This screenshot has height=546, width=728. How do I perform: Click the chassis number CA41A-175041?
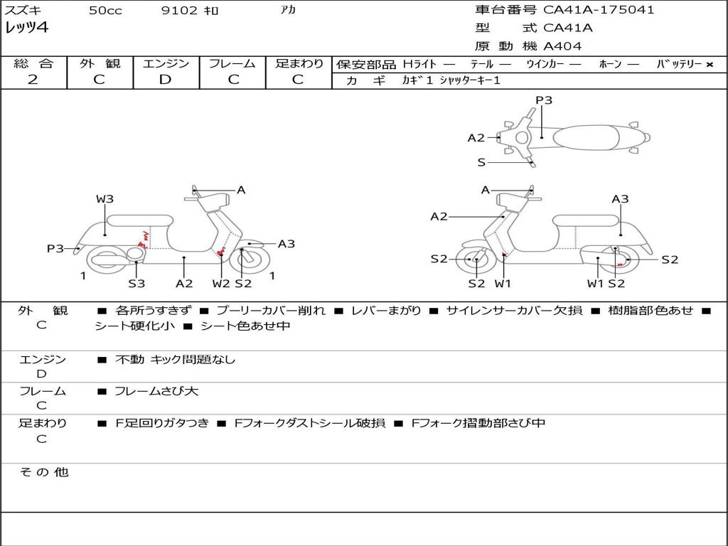click(599, 10)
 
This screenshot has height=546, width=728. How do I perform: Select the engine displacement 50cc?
click(105, 11)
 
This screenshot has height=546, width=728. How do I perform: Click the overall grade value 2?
click(33, 80)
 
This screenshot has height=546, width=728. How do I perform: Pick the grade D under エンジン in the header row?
click(166, 80)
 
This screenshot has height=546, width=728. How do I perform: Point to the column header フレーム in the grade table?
click(232, 64)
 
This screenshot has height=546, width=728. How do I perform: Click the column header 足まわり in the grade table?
click(299, 64)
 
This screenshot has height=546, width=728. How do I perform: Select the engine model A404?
click(562, 46)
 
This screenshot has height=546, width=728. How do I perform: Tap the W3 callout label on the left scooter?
click(105, 199)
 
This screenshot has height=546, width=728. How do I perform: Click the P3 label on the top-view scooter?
click(544, 100)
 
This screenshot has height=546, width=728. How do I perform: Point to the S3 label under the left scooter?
click(136, 284)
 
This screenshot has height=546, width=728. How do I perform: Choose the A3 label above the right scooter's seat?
click(620, 199)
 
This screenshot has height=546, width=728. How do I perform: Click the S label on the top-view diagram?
click(481, 163)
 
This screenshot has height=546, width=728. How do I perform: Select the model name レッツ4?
click(26, 28)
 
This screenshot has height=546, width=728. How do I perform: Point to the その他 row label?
click(43, 472)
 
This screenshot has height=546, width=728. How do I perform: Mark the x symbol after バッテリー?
click(709, 65)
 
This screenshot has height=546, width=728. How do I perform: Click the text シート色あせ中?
click(245, 326)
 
